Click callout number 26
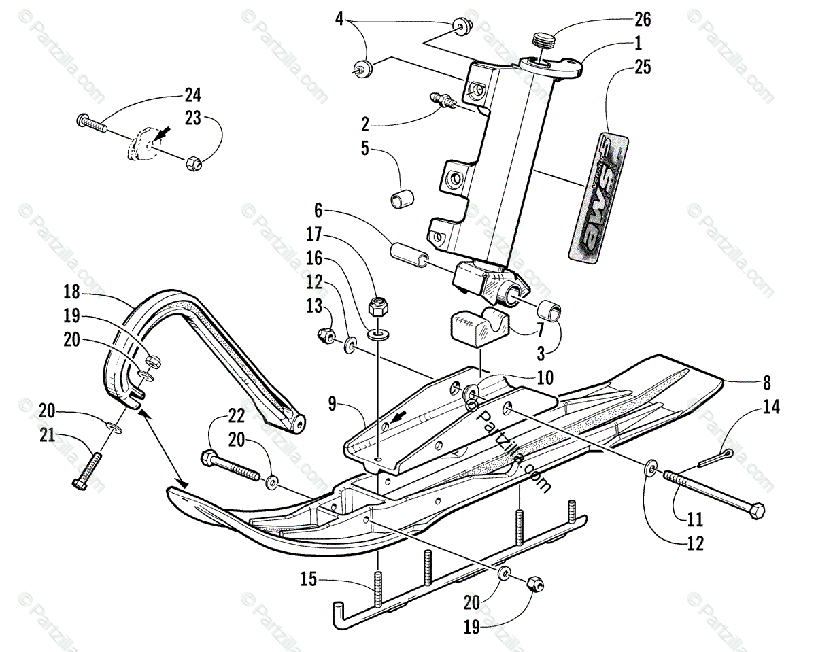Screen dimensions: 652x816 (642, 20)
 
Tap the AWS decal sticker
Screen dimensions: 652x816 (598, 197)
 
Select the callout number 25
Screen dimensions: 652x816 (642, 67)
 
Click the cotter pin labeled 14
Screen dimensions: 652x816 (714, 458)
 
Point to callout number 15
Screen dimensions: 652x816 (309, 580)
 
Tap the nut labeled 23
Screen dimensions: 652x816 (192, 163)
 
